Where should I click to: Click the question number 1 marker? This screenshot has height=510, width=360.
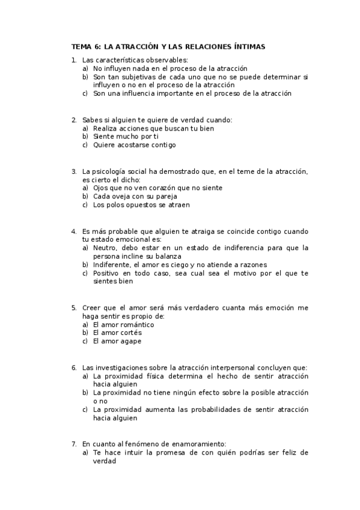tap(73, 60)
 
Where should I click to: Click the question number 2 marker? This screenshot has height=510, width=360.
tap(73, 120)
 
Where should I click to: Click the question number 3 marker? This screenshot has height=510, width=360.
tap(73, 171)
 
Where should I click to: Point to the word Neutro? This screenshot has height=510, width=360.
tap(106, 248)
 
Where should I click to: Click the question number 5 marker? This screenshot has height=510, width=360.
tap(73, 308)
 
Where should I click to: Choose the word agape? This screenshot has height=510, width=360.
tap(130, 342)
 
